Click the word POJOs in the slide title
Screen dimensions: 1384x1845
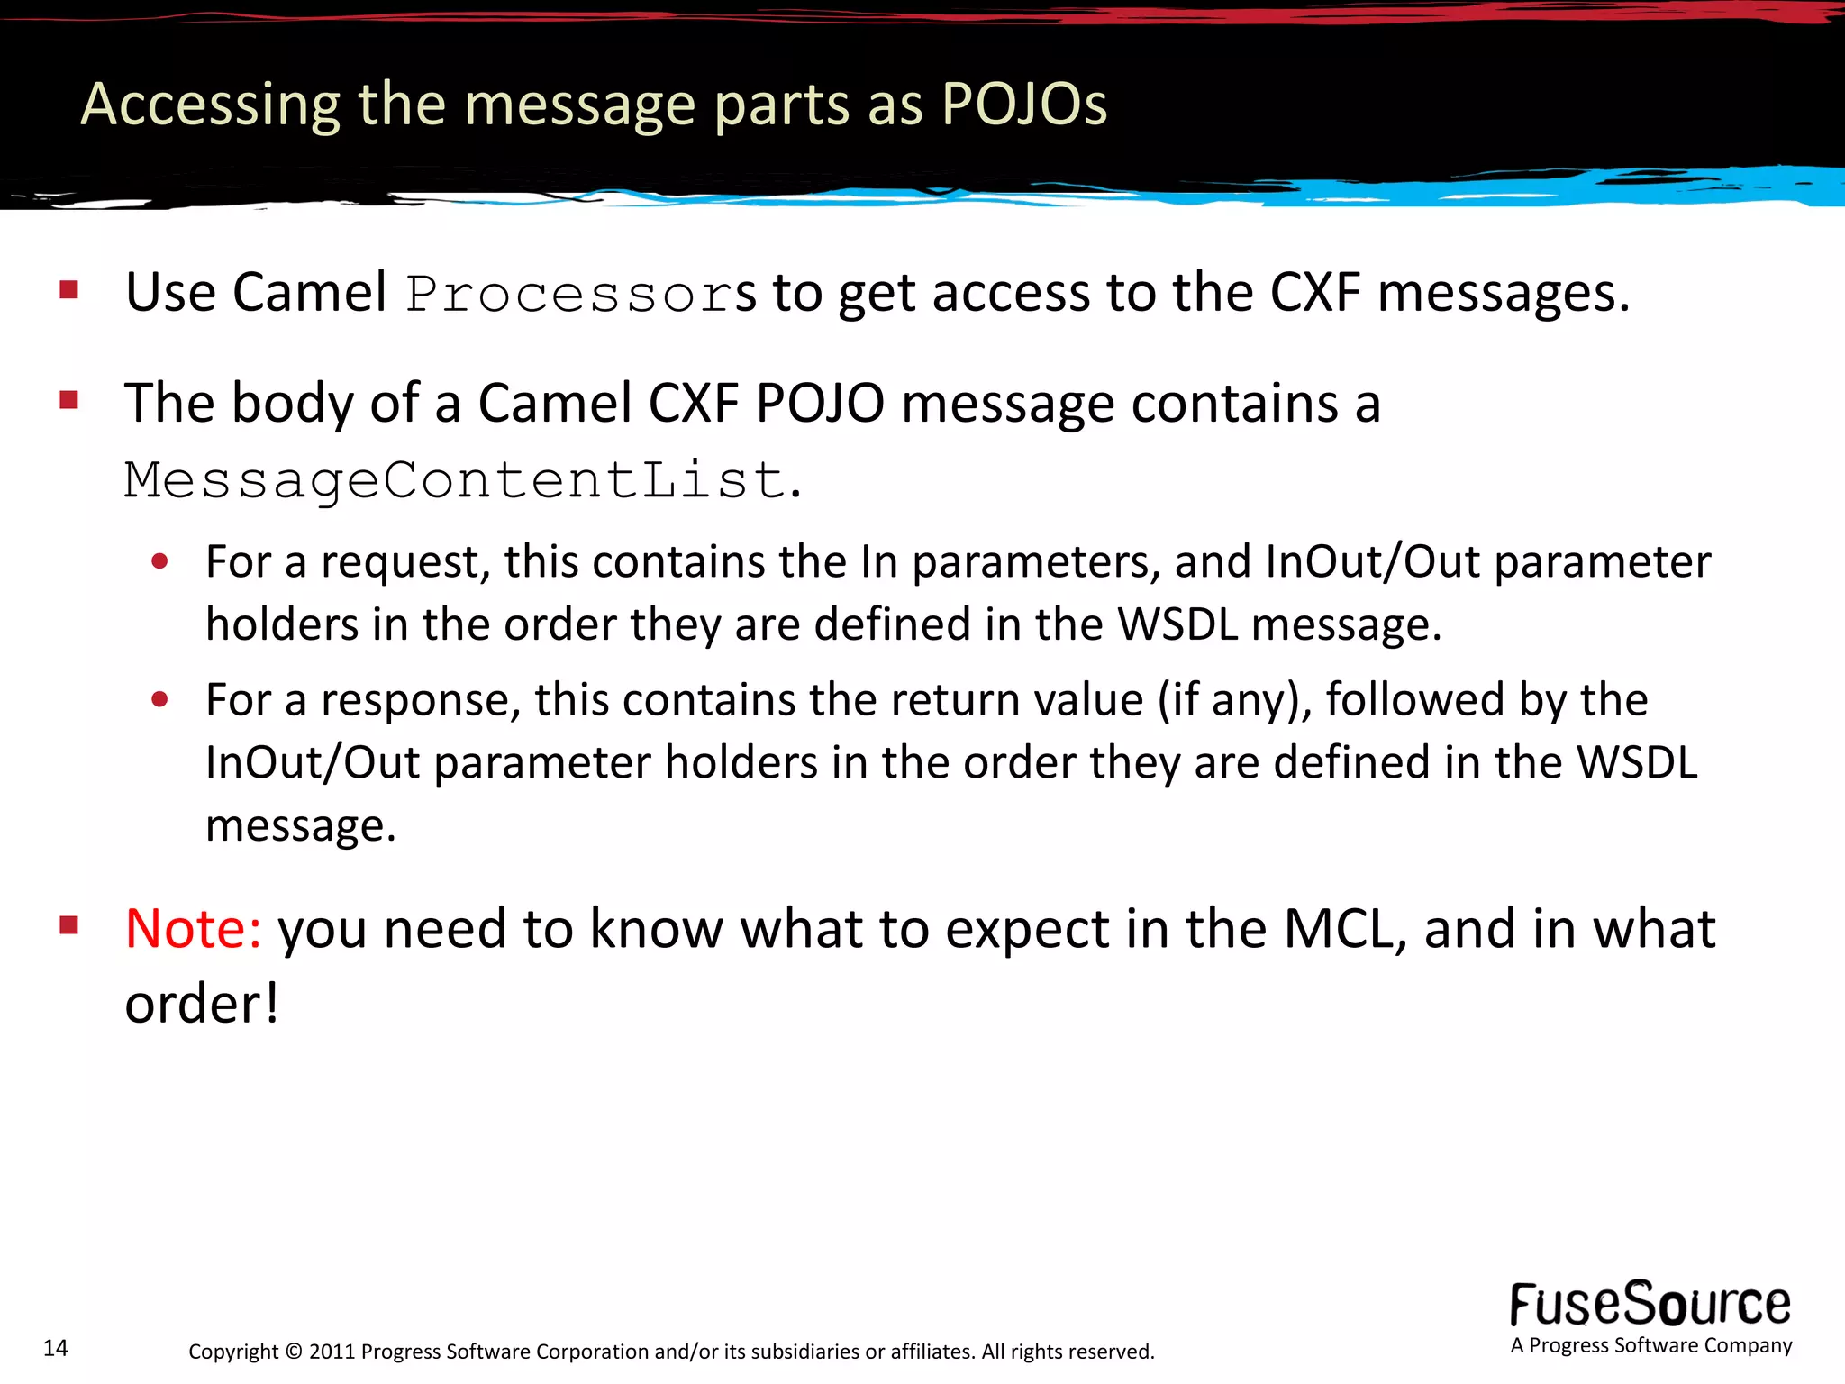(1023, 105)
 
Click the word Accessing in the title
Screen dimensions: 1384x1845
(210, 105)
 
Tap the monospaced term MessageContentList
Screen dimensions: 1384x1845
(455, 479)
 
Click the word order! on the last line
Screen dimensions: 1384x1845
(202, 1004)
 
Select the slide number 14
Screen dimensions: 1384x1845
(56, 1348)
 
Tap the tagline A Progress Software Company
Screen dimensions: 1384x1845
(1650, 1346)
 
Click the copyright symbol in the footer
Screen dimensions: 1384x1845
(294, 1352)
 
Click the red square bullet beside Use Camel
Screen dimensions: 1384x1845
(69, 290)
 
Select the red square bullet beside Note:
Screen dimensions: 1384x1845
(69, 925)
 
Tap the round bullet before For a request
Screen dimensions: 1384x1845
(160, 562)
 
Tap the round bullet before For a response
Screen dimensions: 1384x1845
(160, 700)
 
